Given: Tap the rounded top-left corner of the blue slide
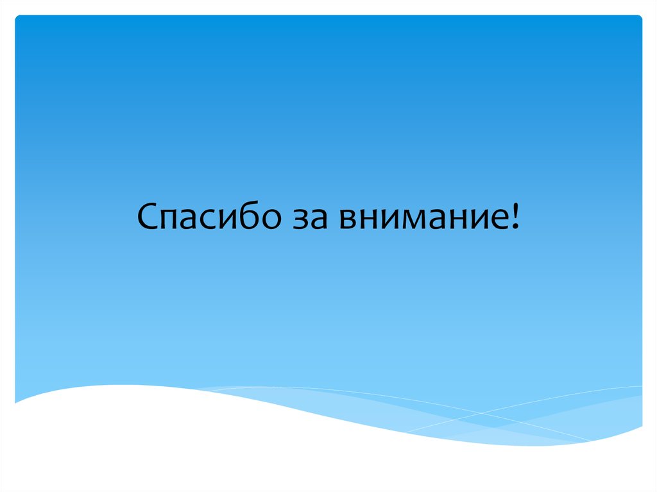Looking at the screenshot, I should coord(17,17).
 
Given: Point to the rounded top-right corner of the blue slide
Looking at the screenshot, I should coord(639,17).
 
